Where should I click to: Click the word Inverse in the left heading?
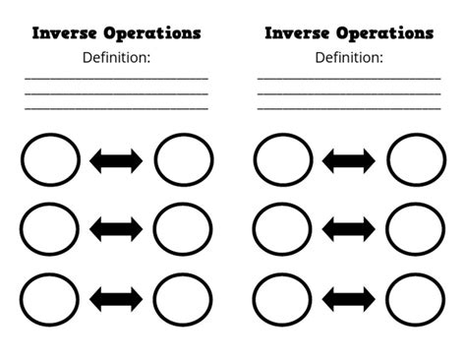(x=65, y=32)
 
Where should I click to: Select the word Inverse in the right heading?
(x=298, y=32)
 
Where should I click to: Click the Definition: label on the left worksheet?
(x=116, y=57)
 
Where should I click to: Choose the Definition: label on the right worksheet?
(x=349, y=57)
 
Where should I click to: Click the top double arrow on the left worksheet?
(x=116, y=160)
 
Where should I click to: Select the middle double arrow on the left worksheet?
(x=116, y=229)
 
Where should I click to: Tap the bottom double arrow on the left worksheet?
(x=116, y=297)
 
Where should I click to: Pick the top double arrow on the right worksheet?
(x=349, y=160)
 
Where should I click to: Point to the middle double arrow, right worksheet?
(x=349, y=229)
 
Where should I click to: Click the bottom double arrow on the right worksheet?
(x=349, y=297)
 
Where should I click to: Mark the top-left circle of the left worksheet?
(x=49, y=160)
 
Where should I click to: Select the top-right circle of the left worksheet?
(x=183, y=160)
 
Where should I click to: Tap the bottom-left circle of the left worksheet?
(x=49, y=297)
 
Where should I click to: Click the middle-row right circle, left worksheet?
(x=183, y=229)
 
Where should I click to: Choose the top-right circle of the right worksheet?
(x=416, y=160)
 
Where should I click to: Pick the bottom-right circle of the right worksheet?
(x=416, y=297)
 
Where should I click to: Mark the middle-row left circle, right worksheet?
(x=282, y=229)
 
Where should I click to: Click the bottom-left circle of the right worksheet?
(x=282, y=297)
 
